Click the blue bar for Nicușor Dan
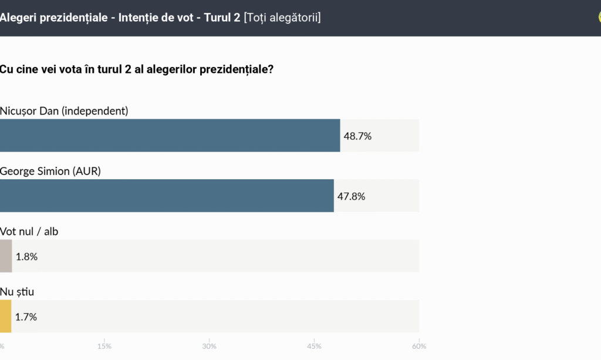(170, 136)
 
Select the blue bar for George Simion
(167, 196)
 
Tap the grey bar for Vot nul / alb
(6, 256)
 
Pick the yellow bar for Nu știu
(5, 317)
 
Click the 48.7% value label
(357, 136)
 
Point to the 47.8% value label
(351, 196)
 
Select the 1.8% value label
(26, 257)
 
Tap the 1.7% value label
(26, 317)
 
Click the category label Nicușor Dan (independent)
(64, 110)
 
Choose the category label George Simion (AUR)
(50, 171)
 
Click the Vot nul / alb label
(29, 231)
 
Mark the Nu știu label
(16, 291)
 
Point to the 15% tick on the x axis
(104, 346)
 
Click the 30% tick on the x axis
(209, 346)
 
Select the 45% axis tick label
(314, 346)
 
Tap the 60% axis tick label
(418, 346)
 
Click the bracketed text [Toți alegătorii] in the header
(282, 18)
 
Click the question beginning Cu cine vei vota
(136, 69)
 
